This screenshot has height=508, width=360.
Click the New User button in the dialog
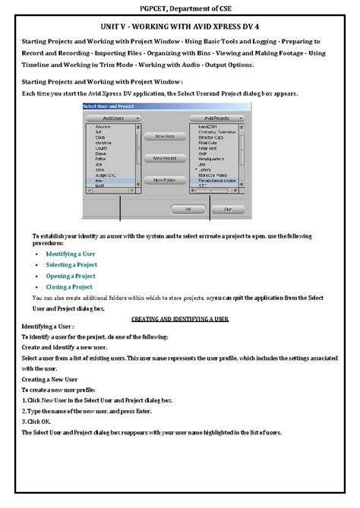coord(165,137)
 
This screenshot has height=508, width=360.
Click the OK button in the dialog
coord(184,208)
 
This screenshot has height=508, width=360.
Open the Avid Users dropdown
coord(112,118)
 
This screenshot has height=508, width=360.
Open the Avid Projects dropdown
coord(217,118)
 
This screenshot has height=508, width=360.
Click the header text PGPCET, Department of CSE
coord(180,8)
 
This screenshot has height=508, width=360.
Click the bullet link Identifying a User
coord(70,253)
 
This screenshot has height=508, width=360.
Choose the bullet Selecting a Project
coord(71,264)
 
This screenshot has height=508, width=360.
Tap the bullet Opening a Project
coord(71,276)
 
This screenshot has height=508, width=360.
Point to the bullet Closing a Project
coord(69,287)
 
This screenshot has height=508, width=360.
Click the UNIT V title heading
coord(180,25)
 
